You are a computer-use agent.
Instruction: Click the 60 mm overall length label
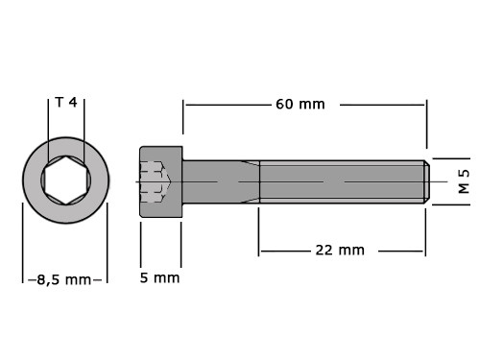point(300,105)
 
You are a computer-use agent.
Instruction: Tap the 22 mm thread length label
point(340,250)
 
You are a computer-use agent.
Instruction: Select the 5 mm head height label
point(159,277)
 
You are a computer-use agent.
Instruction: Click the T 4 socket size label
point(66,103)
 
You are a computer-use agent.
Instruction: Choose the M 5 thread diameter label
point(464,181)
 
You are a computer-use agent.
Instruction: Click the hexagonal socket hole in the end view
point(65,180)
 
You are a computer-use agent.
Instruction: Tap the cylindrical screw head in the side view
point(161,181)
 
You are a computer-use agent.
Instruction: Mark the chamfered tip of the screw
point(427,181)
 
